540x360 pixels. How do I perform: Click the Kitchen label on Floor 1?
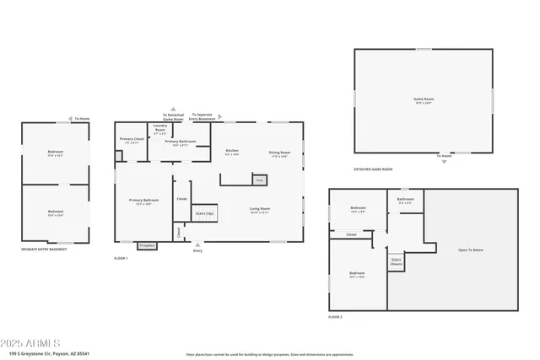[x=232, y=153]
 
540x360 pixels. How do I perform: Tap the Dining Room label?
[x=279, y=153]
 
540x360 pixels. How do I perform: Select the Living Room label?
[x=259, y=210]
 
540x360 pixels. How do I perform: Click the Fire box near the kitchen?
[x=260, y=180]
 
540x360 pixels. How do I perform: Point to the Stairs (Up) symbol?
[x=204, y=214]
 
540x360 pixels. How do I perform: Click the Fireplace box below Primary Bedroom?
[x=147, y=244]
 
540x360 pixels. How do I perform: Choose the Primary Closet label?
[x=131, y=140]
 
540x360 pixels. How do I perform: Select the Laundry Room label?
[x=160, y=131]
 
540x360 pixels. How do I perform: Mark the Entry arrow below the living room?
[x=197, y=247]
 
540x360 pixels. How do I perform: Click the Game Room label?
[x=423, y=101]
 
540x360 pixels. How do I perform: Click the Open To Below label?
[x=470, y=250]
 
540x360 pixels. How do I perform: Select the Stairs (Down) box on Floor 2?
[x=396, y=261]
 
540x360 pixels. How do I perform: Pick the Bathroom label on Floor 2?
[x=405, y=201]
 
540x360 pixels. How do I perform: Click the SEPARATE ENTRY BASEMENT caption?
[x=44, y=250]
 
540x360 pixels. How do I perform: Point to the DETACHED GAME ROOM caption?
[x=373, y=169]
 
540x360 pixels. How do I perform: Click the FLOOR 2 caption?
[x=335, y=317]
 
